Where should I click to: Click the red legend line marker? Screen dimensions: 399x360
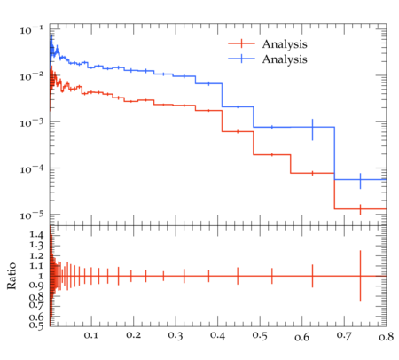(x=241, y=43)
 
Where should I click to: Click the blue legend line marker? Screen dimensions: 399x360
(x=241, y=59)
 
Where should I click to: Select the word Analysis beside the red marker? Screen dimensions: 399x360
(x=285, y=44)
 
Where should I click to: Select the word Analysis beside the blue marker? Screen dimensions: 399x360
(x=285, y=59)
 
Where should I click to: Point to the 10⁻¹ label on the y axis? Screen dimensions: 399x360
(x=32, y=30)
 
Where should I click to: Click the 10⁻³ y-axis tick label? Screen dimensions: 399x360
(x=32, y=122)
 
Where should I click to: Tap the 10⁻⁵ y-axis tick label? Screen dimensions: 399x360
(x=32, y=215)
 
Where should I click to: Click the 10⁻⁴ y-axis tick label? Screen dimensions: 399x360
(x=32, y=169)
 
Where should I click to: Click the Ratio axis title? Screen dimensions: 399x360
(x=12, y=276)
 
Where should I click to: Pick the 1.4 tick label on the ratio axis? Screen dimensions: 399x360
(x=36, y=235)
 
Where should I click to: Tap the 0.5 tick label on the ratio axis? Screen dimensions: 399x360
(x=36, y=325)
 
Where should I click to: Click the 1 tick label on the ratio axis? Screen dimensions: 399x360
(x=41, y=276)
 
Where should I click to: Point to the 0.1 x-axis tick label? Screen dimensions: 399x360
(x=91, y=335)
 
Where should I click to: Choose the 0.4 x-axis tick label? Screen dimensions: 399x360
(x=218, y=335)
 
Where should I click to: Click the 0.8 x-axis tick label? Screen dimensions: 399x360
(x=386, y=337)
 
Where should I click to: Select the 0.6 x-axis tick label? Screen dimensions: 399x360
(x=301, y=337)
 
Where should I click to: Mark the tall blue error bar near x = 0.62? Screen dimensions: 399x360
(x=312, y=129)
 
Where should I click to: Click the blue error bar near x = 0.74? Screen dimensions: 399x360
(x=360, y=181)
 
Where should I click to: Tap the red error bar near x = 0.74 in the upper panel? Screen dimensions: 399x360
(x=360, y=209)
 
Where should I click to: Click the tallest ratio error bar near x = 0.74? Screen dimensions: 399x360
(x=360, y=276)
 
